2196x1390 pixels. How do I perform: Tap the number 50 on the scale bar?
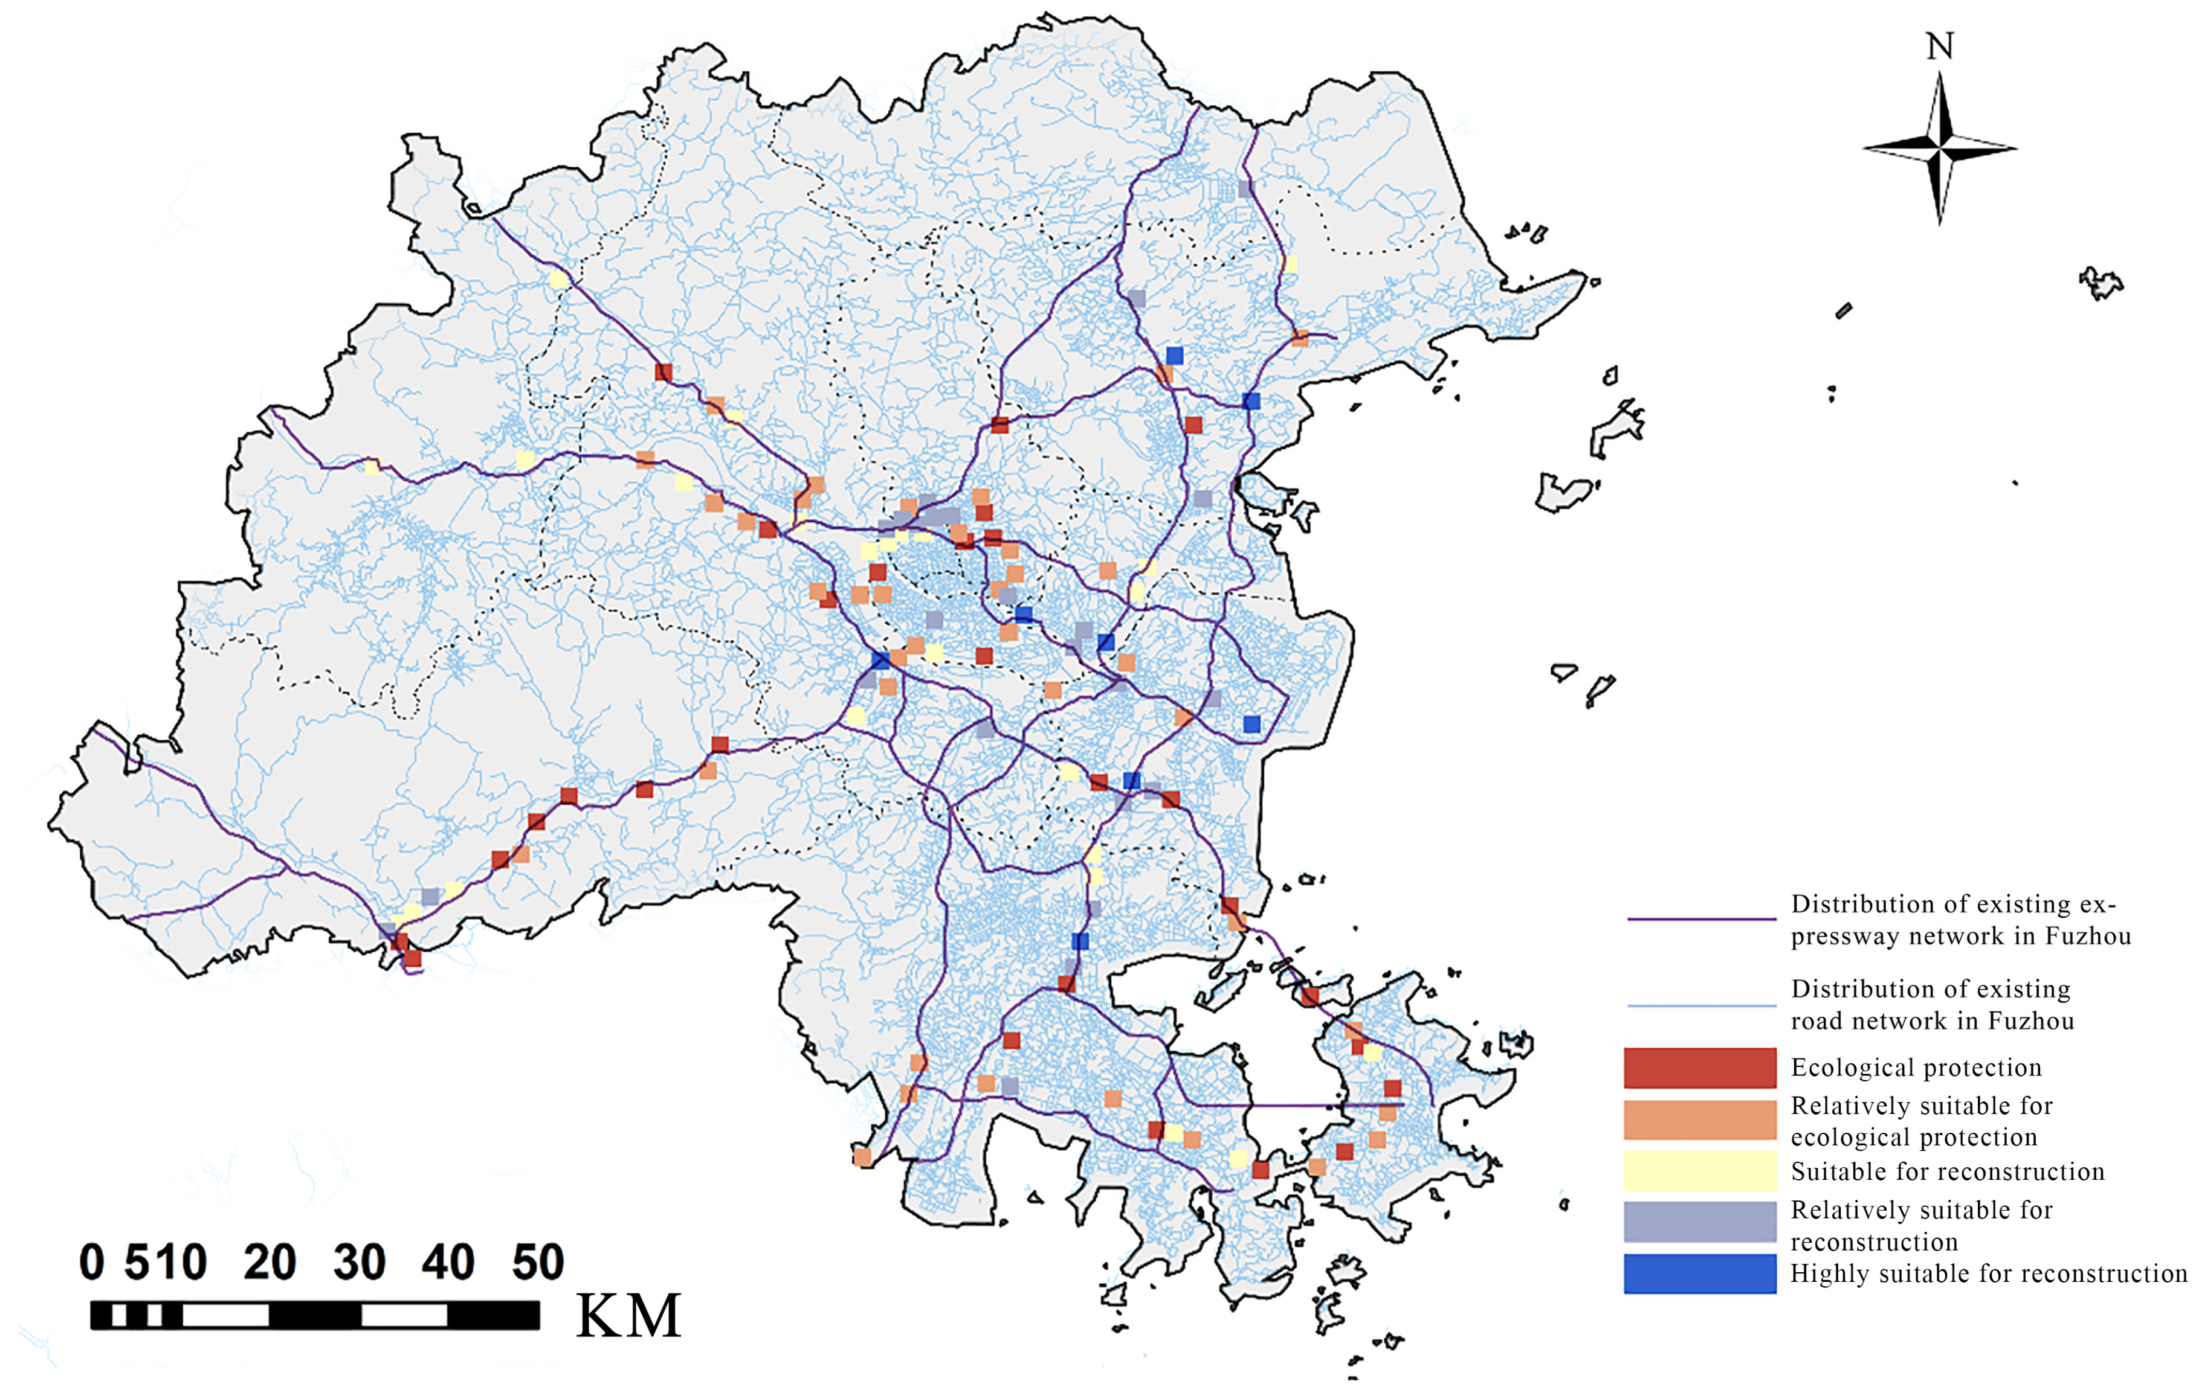(537, 1263)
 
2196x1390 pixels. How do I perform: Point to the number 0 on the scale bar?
(91, 1263)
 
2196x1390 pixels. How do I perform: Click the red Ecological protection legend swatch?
(1699, 1068)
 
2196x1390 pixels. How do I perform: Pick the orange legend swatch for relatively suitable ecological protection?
(1699, 1119)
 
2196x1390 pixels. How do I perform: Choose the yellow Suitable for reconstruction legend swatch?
(1699, 1170)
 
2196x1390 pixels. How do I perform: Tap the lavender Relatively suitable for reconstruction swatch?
(1699, 1222)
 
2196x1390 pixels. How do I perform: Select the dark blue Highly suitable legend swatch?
(1699, 1273)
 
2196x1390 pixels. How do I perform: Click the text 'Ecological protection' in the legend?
(1915, 1068)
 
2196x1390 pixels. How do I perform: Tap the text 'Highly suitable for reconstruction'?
(1988, 1273)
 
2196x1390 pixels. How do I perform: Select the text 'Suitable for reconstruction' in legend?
(1947, 1171)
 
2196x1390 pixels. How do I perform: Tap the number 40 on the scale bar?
(448, 1263)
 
